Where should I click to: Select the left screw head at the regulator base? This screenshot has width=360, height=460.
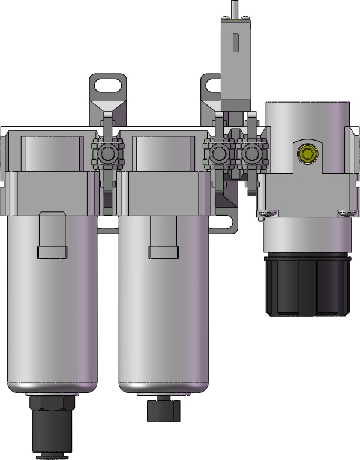[267, 211]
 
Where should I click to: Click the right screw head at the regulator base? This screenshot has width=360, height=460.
[347, 211]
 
